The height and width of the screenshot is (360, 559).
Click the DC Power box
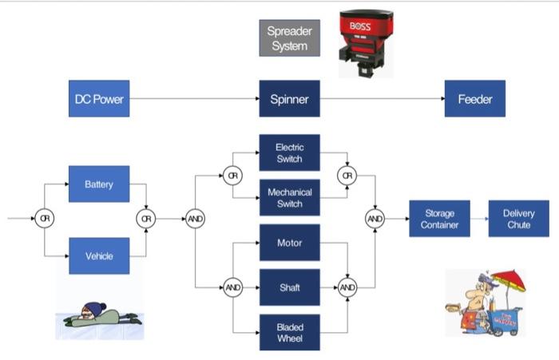pos(97,99)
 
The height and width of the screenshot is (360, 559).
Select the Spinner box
pos(289,99)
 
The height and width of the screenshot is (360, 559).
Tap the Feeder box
pos(474,99)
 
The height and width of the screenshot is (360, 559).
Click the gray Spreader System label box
pos(289,38)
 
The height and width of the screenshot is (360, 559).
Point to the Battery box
pos(99,184)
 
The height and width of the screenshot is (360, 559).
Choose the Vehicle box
pos(99,255)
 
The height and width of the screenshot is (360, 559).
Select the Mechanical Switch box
pos(289,198)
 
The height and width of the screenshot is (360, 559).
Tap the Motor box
pos(289,243)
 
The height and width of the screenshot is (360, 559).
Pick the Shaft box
pos(289,287)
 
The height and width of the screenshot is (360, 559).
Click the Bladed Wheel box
pos(289,332)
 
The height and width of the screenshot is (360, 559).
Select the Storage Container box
pos(439,219)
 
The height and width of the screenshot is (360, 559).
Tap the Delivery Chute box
pos(518,219)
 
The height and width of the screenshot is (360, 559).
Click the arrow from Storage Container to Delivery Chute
pos(479,219)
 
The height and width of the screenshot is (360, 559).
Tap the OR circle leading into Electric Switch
pos(232,175)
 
